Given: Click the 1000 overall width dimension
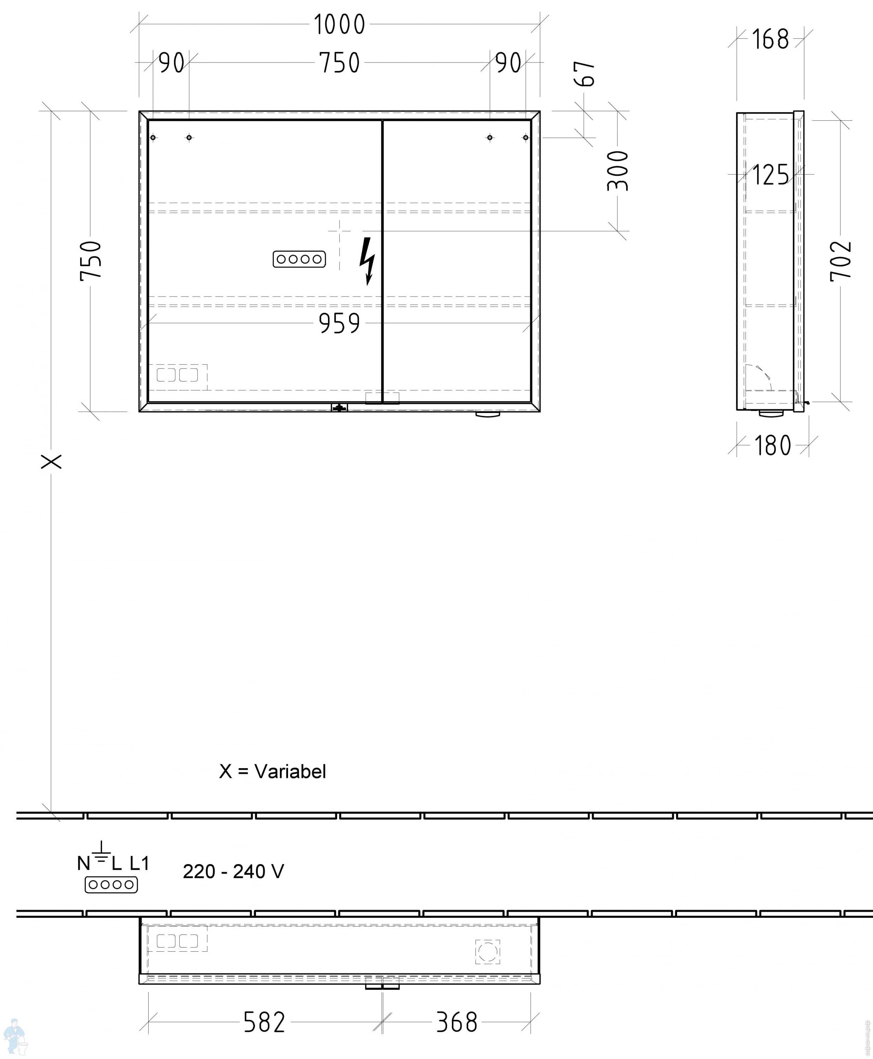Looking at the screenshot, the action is tap(340, 24).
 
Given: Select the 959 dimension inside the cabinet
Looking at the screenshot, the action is tap(340, 323).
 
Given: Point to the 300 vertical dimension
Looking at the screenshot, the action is tap(618, 171).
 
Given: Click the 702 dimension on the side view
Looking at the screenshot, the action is tap(841, 261).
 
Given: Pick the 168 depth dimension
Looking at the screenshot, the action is tap(770, 39).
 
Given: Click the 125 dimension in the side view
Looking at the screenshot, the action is tap(770, 175).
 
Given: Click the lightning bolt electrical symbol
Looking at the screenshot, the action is tap(367, 261).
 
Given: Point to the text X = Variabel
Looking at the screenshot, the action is tap(273, 771).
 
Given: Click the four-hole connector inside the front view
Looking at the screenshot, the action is tap(299, 259).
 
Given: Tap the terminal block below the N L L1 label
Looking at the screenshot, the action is tap(111, 885).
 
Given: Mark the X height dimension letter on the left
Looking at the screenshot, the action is tap(51, 461).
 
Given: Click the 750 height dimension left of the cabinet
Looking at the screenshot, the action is tap(91, 261).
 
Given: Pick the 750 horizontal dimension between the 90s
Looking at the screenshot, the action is tap(340, 63).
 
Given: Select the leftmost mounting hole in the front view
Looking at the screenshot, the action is tap(153, 137).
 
